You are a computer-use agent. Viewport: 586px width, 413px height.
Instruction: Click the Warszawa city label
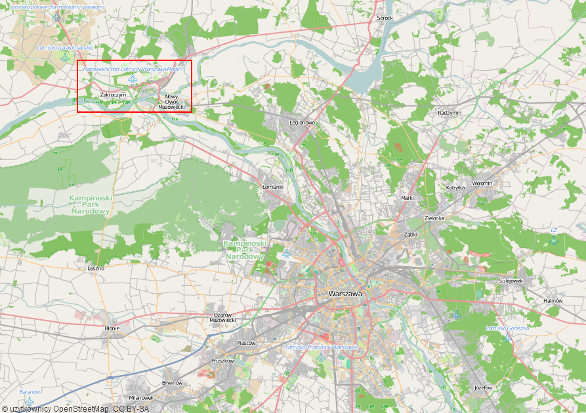(345, 294)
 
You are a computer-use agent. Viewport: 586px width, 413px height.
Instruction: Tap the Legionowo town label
(303, 123)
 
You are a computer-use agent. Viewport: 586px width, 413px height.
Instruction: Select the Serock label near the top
(385, 18)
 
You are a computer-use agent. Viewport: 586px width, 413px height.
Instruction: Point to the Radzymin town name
(450, 113)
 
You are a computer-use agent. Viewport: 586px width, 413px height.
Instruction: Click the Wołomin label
(482, 183)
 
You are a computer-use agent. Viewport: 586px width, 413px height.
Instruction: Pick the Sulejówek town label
(510, 281)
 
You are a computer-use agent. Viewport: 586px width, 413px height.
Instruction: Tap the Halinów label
(553, 300)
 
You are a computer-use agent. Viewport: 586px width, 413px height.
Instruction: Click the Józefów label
(483, 387)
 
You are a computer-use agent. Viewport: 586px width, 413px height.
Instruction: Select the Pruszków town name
(222, 361)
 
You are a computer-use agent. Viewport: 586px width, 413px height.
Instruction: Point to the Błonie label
(112, 328)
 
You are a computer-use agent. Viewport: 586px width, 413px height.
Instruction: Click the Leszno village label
(96, 268)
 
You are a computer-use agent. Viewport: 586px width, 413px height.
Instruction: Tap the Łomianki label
(272, 187)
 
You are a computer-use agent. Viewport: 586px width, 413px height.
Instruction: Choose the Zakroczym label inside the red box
(113, 95)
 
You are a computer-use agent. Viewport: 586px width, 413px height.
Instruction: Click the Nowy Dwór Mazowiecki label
(171, 102)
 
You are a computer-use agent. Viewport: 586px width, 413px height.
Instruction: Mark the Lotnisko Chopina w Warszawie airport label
(322, 347)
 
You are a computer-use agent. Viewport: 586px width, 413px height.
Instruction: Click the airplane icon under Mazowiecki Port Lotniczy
(133, 80)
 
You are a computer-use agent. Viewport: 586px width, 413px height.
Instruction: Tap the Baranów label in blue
(30, 391)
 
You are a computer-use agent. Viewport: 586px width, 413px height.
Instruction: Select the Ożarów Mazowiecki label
(222, 317)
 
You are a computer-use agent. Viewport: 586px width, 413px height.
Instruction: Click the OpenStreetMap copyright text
(75, 409)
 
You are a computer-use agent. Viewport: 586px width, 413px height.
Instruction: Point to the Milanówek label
(141, 397)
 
